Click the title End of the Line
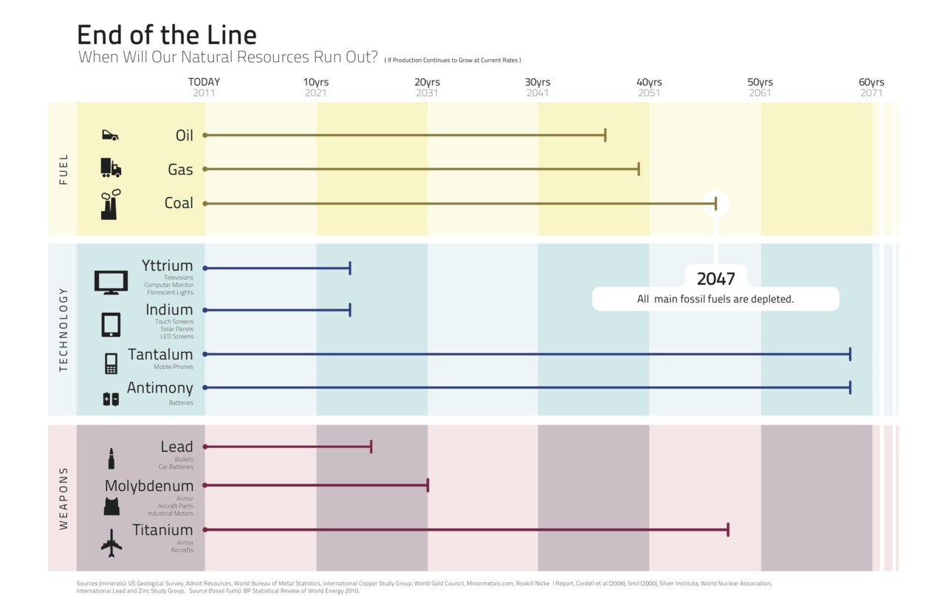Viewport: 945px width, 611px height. coord(167,35)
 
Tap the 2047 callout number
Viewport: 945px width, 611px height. coord(715,279)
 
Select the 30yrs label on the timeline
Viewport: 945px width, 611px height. coord(537,82)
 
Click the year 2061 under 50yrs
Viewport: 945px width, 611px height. coord(760,93)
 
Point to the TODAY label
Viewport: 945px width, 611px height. coord(204,82)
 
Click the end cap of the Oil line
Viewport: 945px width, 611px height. coord(605,135)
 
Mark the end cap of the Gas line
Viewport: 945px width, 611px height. coord(639,169)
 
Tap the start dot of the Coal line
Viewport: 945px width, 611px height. coord(205,203)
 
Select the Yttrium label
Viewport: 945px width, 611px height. coord(167,266)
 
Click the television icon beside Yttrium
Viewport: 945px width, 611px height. coord(111,282)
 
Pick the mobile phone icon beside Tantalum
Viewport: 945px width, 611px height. coord(111,363)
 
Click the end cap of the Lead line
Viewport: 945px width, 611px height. coord(371,446)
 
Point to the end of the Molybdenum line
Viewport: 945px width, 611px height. coord(427,485)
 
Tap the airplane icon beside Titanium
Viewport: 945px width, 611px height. coord(111,543)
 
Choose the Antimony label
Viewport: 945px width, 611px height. coord(159,388)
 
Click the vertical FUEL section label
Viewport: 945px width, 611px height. coord(63,169)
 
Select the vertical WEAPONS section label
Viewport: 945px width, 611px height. coord(63,498)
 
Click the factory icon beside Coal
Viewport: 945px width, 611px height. coord(111,204)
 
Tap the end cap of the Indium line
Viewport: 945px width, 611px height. coord(350,310)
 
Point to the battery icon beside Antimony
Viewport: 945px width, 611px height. coord(111,399)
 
